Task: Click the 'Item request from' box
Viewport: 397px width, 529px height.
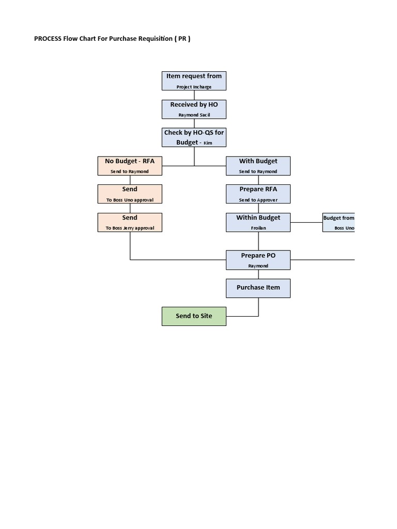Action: coord(194,81)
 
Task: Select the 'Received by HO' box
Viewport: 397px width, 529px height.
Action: coord(194,109)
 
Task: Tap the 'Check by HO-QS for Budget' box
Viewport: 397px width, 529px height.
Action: coord(194,137)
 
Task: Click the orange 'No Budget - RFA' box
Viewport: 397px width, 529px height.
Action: coord(129,165)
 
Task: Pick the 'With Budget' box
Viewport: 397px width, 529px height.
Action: coord(258,165)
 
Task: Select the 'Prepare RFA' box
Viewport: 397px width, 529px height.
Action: coord(258,194)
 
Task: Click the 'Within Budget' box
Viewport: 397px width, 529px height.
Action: coord(258,222)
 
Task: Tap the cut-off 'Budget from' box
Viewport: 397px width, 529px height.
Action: coord(339,222)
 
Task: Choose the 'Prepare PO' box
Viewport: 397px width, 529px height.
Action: coord(258,260)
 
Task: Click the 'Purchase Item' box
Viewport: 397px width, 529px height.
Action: coord(258,288)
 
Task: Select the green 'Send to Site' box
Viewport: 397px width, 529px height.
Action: coord(194,316)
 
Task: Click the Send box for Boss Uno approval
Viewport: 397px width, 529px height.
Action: coord(129,194)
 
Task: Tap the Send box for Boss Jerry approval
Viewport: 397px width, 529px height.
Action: coord(129,222)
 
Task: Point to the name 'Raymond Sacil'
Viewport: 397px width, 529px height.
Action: coord(194,115)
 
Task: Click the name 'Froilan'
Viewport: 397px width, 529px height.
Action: coord(258,228)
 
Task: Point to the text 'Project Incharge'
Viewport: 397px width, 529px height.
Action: coord(194,87)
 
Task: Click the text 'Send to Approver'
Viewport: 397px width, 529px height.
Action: coord(258,200)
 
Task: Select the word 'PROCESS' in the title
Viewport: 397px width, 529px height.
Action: coord(48,39)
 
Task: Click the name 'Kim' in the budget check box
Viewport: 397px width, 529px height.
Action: coord(208,143)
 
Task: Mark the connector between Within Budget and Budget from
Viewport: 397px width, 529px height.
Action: coord(306,222)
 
